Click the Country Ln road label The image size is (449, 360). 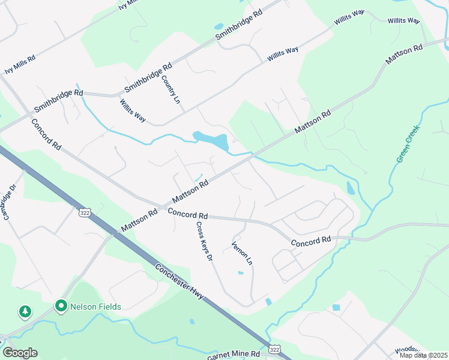[170, 88]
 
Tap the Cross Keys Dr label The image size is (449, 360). [204, 241]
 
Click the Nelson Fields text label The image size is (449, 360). [96, 307]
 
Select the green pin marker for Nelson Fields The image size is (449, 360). [61, 306]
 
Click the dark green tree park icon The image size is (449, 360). [25, 311]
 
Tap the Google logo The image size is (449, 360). [20, 353]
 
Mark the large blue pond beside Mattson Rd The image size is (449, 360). [213, 140]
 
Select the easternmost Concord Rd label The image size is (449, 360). [311, 241]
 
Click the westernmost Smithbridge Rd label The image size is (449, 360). [58, 100]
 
